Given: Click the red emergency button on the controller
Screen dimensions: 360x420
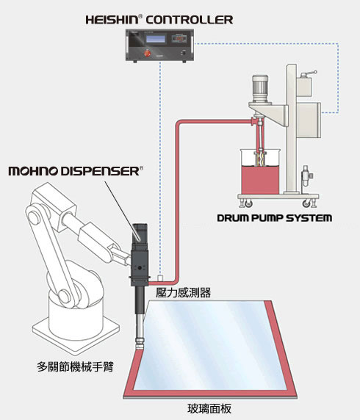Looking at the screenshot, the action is click(x=147, y=53).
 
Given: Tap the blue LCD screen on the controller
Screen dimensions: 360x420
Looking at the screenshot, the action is click(x=156, y=39).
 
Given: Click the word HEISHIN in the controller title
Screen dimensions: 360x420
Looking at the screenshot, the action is click(x=112, y=20).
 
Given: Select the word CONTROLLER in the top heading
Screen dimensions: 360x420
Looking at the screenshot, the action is click(x=190, y=20).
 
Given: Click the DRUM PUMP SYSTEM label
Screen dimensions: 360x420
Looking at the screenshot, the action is click(x=274, y=218).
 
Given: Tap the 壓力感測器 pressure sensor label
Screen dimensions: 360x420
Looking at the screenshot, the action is click(x=184, y=293).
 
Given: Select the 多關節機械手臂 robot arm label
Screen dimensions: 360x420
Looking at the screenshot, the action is click(x=76, y=366).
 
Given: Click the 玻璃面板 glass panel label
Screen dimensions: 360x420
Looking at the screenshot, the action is click(x=209, y=409).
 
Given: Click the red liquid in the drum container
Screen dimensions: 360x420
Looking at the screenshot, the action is click(x=260, y=179).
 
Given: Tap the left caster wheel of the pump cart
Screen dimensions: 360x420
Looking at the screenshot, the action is click(x=248, y=204).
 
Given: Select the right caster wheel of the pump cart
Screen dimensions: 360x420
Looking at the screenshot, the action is click(x=307, y=203).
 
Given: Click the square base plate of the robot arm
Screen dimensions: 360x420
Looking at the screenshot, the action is click(x=76, y=332).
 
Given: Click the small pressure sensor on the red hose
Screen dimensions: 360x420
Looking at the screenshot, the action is click(x=160, y=278).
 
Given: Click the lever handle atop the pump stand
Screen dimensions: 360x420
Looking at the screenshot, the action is click(x=309, y=74).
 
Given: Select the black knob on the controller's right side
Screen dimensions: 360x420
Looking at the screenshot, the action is click(x=184, y=53).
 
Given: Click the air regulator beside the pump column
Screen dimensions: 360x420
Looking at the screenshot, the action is click(x=306, y=175).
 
